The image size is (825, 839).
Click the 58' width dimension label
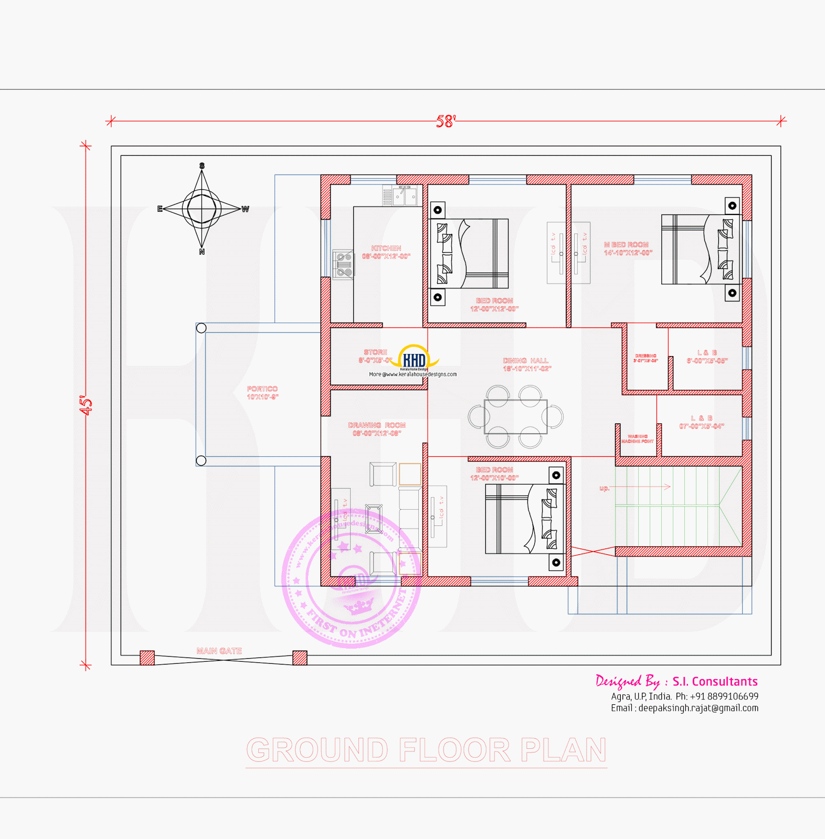pyautogui.click(x=446, y=122)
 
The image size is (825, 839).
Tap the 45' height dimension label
pyautogui.click(x=86, y=405)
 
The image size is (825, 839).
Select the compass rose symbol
pyautogui.click(x=202, y=209)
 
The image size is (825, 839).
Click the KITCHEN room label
pyautogui.click(x=386, y=252)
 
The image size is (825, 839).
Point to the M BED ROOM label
pyautogui.click(x=628, y=249)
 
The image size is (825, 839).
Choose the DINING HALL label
pyautogui.click(x=526, y=364)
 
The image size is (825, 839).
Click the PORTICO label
pyautogui.click(x=262, y=393)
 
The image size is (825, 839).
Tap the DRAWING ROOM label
pyautogui.click(x=377, y=429)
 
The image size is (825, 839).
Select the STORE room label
pyautogui.click(x=375, y=356)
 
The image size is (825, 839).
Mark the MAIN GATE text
pyautogui.click(x=219, y=651)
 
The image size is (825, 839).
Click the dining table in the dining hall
pyautogui.click(x=515, y=417)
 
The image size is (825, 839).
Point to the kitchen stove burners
pyautogui.click(x=344, y=264)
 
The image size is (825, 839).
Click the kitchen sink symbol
pyautogui.click(x=405, y=197)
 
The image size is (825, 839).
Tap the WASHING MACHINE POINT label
pyautogui.click(x=638, y=439)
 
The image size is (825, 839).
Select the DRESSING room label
pyautogui.click(x=646, y=358)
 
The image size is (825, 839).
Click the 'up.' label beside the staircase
pyautogui.click(x=605, y=488)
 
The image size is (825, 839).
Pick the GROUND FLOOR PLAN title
pyautogui.click(x=426, y=750)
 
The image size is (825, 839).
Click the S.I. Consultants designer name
pyautogui.click(x=715, y=681)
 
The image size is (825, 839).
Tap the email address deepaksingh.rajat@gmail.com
pyautogui.click(x=698, y=708)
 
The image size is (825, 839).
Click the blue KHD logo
pyautogui.click(x=414, y=360)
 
